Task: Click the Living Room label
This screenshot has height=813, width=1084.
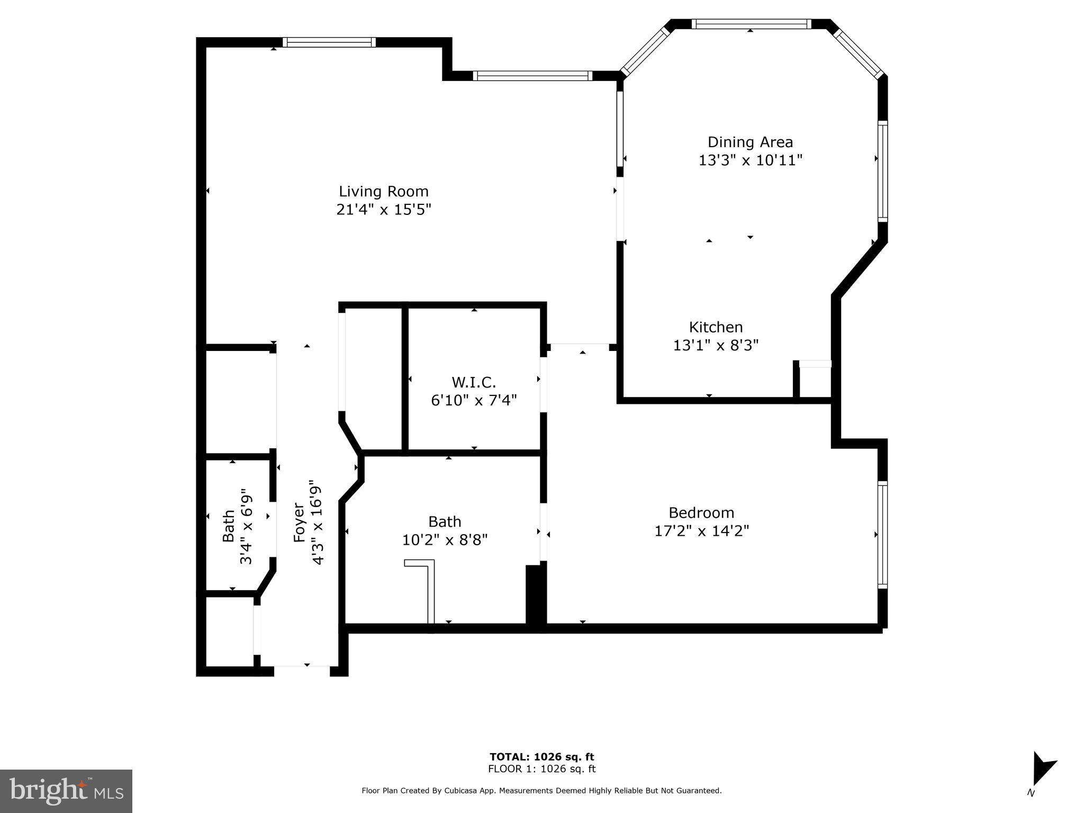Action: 383,191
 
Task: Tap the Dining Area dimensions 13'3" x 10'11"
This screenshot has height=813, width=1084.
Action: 750,160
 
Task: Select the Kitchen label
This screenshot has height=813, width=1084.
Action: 716,327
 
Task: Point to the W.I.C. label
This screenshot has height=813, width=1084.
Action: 474,382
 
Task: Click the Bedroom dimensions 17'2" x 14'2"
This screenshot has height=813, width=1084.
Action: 701,531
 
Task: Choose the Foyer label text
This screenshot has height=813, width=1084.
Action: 299,522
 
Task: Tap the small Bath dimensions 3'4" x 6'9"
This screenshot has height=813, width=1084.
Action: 247,529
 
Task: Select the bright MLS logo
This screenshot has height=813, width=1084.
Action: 66,791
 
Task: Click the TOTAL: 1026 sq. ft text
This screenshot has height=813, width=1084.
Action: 541,757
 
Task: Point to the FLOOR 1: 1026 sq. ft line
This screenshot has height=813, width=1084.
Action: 541,769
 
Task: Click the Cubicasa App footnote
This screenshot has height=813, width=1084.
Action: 541,791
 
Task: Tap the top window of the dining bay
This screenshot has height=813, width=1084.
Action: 751,24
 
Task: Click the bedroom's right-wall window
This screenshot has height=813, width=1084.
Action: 882,535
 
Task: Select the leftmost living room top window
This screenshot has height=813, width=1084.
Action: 329,42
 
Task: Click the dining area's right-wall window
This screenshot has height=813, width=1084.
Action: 882,171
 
